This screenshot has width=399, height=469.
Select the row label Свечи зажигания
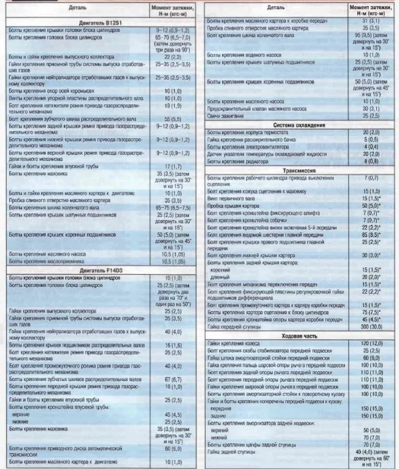tap(225, 115)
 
